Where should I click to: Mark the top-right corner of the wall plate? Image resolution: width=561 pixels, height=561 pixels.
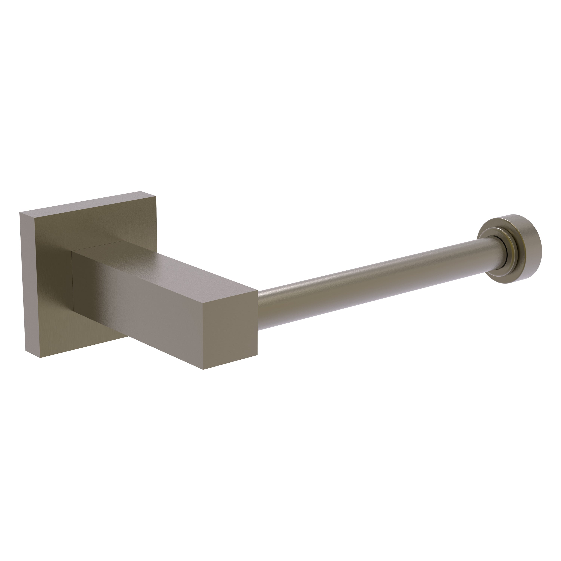pos(156,197)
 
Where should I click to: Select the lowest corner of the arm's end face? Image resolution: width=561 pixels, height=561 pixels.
pos(203,369)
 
